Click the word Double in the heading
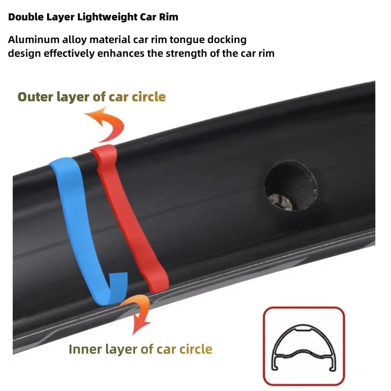(25, 17)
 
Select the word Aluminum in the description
(28, 39)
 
